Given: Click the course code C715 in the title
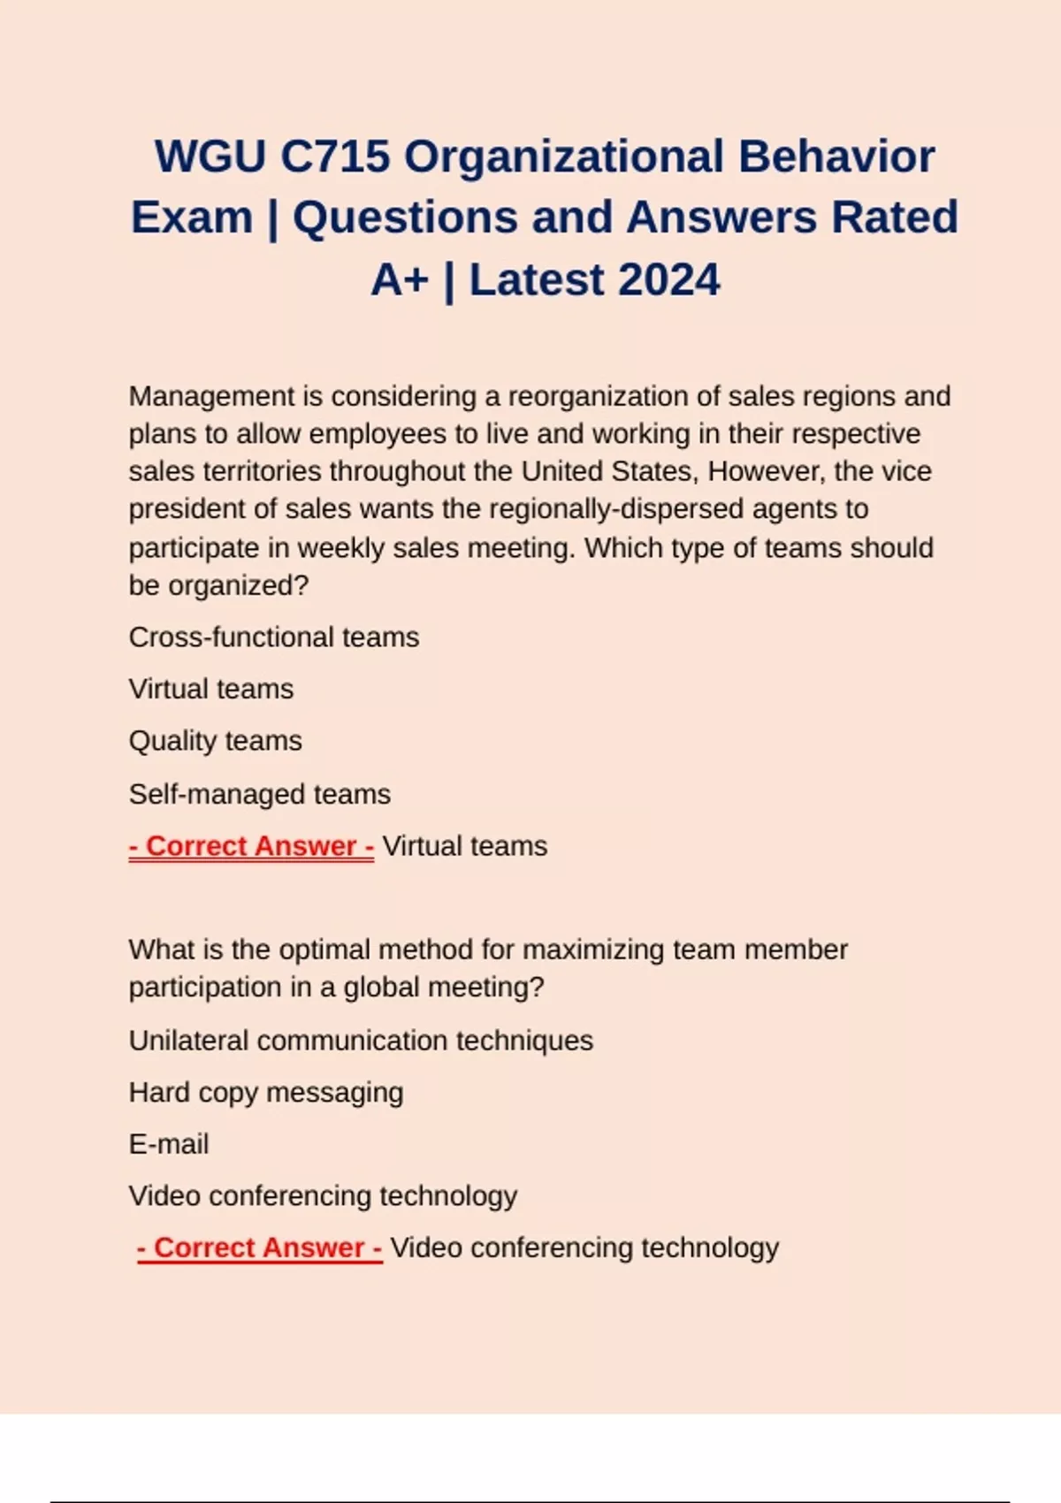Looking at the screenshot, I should pyautogui.click(x=335, y=156).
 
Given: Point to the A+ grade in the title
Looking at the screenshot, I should pyautogui.click(x=400, y=280).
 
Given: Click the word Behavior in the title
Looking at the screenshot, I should pyautogui.click(x=836, y=156).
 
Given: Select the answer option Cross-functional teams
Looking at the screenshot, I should pyautogui.click(x=274, y=637).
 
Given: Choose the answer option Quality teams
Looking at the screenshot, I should pyautogui.click(x=216, y=741).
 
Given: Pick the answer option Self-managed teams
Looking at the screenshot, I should pyautogui.click(x=260, y=794).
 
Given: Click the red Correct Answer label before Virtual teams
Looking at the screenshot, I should pyautogui.click(x=252, y=846).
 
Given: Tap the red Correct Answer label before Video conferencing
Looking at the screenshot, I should pyautogui.click(x=260, y=1247).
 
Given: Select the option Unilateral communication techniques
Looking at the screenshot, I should pyautogui.click(x=361, y=1041).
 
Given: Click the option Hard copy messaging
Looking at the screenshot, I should pyautogui.click(x=266, y=1093).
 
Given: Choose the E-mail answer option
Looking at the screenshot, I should pyautogui.click(x=169, y=1144).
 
